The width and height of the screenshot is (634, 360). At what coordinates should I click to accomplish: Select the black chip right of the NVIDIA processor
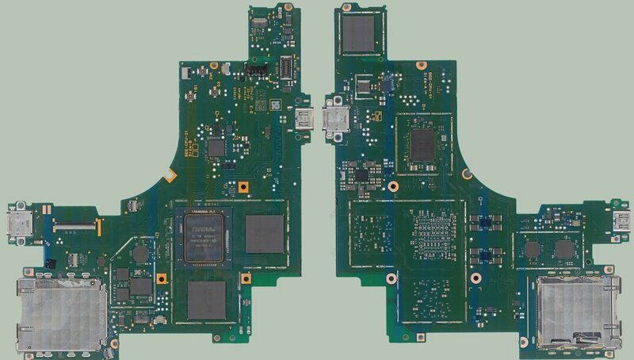[x=264, y=233]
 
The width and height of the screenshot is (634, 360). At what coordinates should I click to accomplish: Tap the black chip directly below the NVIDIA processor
[x=207, y=299]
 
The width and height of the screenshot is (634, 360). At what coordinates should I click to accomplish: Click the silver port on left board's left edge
[x=17, y=225]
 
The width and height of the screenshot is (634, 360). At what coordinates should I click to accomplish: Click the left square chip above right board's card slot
[x=532, y=250]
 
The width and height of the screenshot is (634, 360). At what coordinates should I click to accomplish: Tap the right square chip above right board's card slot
[x=564, y=249]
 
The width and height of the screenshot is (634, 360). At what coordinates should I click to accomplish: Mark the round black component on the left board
[x=140, y=253]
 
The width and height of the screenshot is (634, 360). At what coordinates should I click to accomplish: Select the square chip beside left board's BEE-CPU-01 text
[x=216, y=147]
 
